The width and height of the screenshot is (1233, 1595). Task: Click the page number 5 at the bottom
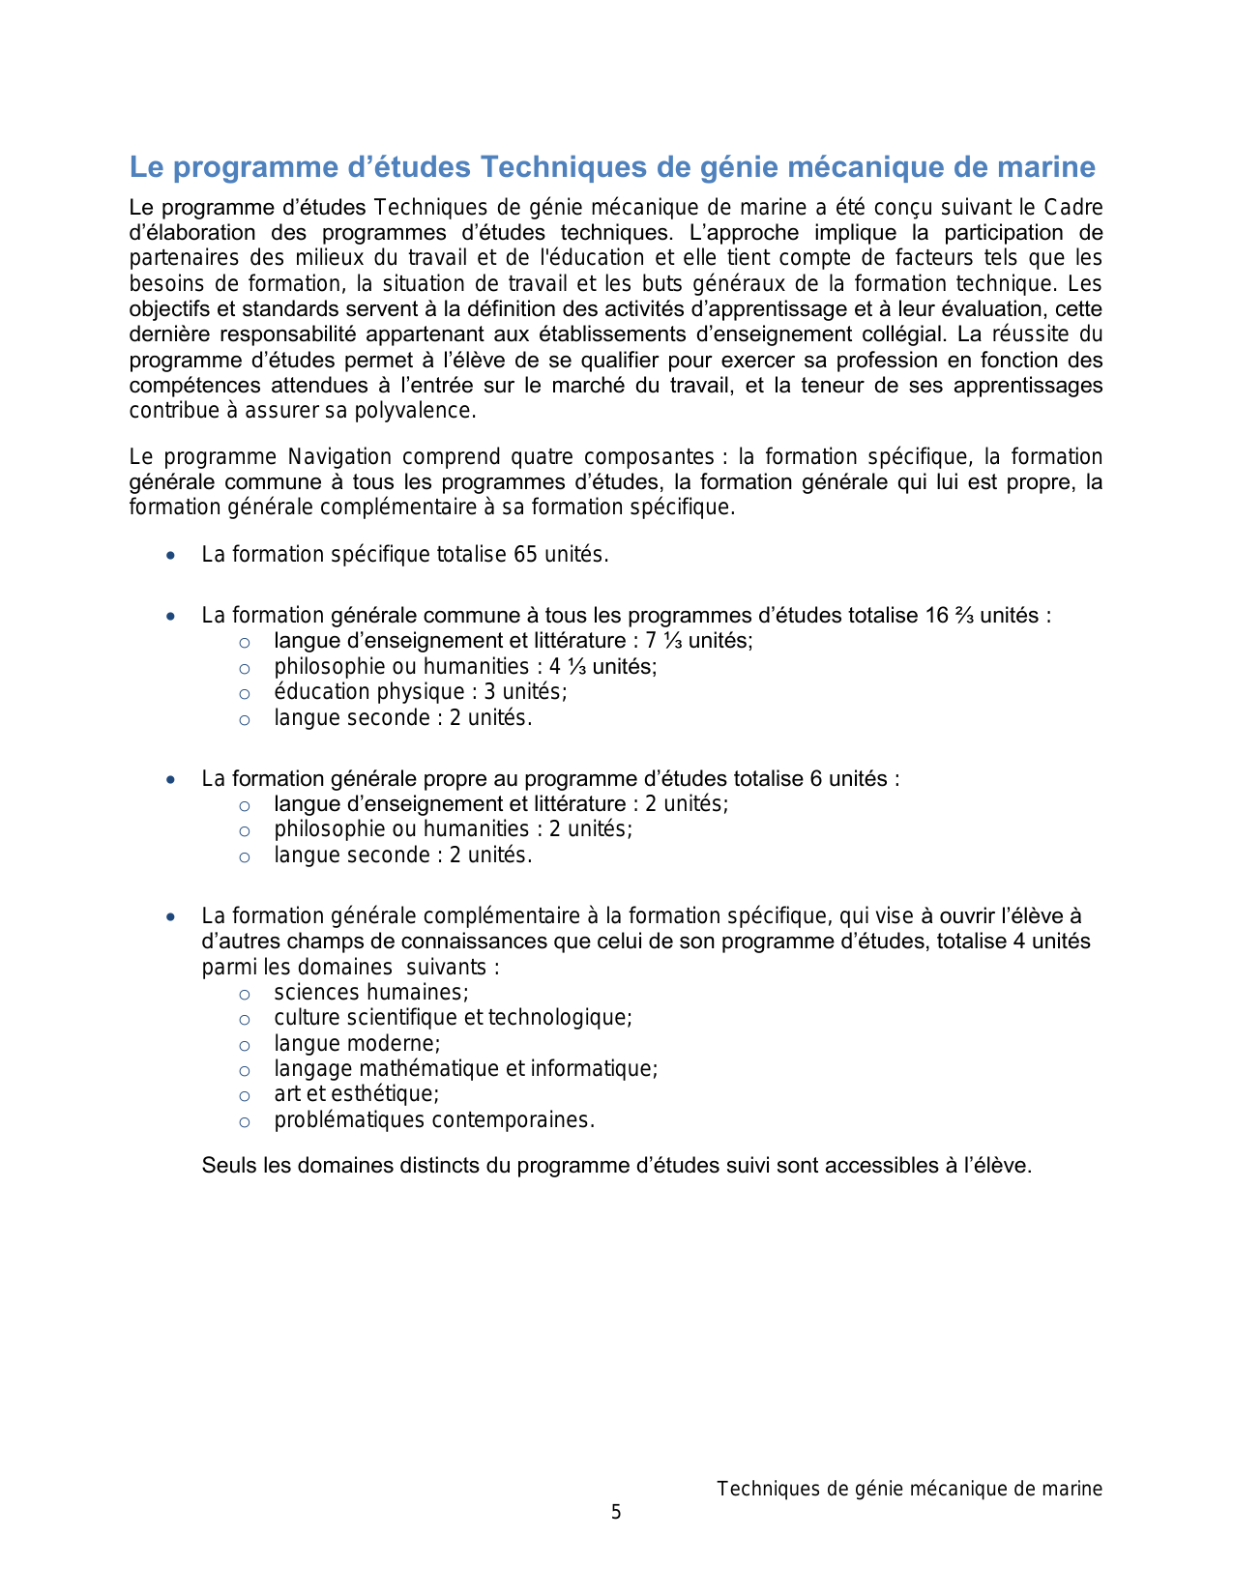616,1513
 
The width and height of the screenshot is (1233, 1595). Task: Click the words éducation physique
369,692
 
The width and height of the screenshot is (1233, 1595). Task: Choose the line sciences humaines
370,993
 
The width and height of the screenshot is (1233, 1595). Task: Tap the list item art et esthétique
356,1094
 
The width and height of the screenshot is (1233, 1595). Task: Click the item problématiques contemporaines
433,1120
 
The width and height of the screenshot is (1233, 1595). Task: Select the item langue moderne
357,1044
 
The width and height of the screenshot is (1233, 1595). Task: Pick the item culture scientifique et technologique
453,1018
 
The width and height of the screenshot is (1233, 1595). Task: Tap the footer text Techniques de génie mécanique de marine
909,1490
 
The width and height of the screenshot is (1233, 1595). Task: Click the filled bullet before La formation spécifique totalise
171,556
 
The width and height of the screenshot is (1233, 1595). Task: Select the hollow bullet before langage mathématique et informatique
245,1070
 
